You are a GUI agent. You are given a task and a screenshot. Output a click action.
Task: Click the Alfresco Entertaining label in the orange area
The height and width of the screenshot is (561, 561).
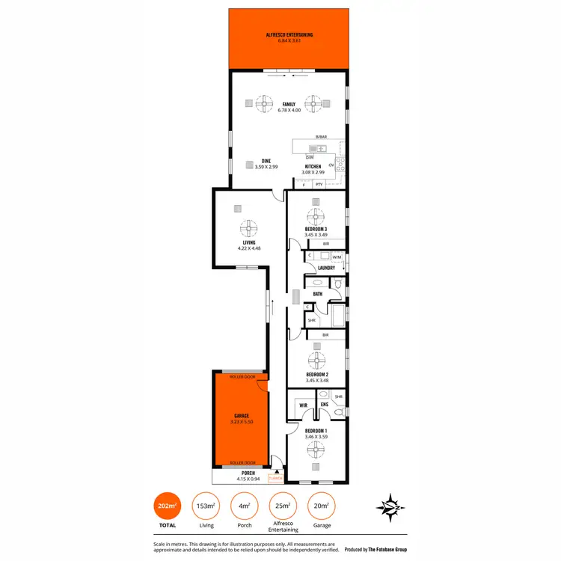289,35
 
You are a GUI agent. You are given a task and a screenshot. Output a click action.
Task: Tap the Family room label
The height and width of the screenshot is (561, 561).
287,104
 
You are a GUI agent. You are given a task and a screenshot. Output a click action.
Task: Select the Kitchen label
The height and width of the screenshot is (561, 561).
313,166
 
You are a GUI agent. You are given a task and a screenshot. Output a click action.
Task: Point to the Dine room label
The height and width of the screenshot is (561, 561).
266,161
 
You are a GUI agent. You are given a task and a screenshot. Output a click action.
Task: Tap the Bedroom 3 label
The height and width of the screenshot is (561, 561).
316,229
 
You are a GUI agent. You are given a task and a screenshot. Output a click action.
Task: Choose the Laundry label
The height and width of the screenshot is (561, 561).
326,268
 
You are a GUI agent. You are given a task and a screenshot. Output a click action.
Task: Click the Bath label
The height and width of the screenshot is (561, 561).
318,294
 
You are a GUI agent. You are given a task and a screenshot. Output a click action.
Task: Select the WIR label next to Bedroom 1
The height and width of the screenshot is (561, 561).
304,405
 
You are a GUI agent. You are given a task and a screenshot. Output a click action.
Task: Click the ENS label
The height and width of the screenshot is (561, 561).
325,405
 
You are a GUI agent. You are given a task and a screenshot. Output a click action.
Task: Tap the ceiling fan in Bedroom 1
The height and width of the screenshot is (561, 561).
317,450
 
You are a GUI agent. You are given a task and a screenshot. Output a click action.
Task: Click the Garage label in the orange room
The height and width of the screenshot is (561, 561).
242,416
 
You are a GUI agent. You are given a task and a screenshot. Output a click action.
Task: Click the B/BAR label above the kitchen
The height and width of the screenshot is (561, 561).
321,137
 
